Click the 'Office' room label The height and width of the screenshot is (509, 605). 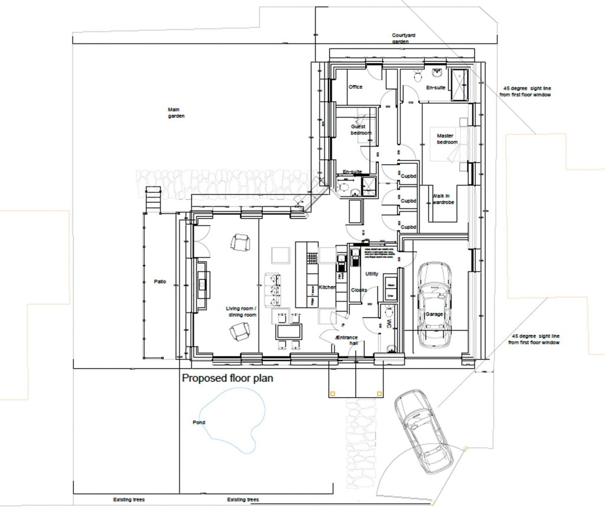coord(355,87)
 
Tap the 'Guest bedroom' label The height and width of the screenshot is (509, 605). coord(358,129)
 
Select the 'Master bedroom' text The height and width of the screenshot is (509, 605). coord(447,139)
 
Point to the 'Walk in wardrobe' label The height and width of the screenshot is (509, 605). coord(443,199)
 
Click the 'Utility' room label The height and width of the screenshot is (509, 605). coord(372,274)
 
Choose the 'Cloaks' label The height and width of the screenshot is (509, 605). coord(359,290)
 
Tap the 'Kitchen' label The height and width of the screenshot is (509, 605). coord(327,287)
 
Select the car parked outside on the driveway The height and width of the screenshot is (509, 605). coord(424,431)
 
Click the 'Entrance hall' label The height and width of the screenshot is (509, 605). coord(347,340)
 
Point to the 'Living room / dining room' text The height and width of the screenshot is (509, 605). coord(242,312)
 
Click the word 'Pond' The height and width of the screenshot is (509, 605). coord(199,423)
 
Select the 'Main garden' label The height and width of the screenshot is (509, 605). coord(176,113)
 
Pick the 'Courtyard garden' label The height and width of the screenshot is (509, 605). coord(404,39)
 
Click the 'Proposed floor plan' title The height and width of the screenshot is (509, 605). coord(227,378)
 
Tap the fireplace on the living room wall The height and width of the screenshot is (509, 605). coord(201,284)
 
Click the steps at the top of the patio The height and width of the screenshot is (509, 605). coord(153,199)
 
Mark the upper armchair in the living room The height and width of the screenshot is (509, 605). coord(240,242)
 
